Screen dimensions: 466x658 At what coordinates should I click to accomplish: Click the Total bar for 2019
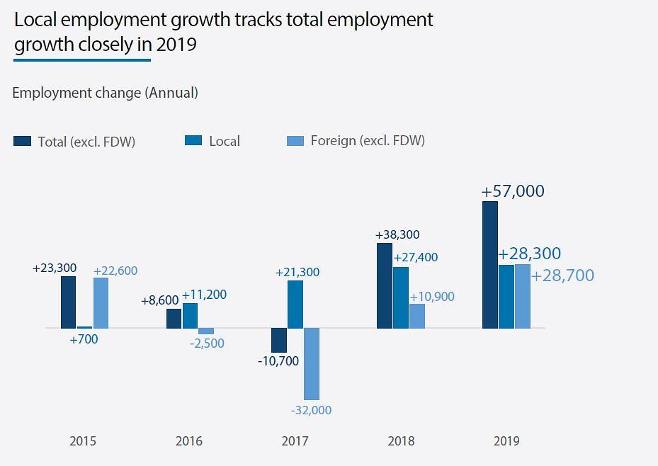pos(489,265)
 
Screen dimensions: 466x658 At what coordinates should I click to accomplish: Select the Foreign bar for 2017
pos(312,364)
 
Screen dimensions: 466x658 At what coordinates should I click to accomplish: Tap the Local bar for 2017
pos(295,305)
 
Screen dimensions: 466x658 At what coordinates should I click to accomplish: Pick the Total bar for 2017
pos(279,341)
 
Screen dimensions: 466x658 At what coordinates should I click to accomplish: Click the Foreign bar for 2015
pos(101,303)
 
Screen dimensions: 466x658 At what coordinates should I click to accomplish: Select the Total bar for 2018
pos(384,286)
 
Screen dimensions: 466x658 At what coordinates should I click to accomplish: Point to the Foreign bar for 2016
pos(206,331)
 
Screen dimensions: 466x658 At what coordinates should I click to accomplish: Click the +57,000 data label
pos(513,191)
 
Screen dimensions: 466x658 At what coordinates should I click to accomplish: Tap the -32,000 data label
pos(311,410)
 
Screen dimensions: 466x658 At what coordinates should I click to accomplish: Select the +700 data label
pos(84,339)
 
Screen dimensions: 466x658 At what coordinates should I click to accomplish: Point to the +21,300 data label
pos(297,272)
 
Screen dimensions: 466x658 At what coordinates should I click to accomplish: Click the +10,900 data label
pos(432,297)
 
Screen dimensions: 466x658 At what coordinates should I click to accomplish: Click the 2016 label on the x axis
pos(188,441)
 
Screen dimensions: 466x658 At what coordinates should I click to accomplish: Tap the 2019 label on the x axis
pos(506,441)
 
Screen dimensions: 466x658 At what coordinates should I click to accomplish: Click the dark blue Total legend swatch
pos(23,141)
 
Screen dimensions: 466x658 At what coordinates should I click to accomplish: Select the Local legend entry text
pos(225,141)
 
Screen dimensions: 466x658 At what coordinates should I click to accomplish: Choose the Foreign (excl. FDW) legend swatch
pos(295,141)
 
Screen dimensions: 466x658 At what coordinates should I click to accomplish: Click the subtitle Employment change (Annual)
pos(105,93)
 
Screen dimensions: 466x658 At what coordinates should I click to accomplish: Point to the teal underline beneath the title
pos(81,60)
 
